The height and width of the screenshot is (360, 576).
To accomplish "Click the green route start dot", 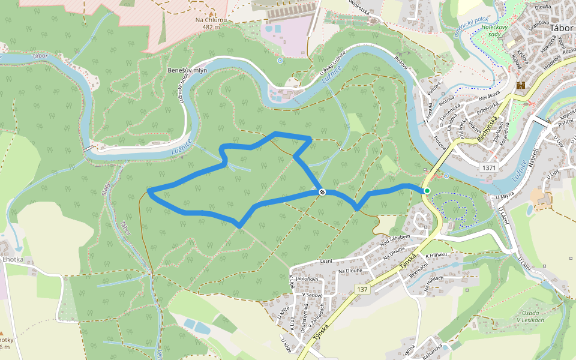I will [x=427, y=191].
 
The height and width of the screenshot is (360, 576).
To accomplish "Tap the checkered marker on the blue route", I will [x=322, y=192].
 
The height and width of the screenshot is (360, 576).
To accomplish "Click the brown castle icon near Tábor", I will [x=520, y=85].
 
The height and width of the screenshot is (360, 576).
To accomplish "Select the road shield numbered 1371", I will [x=489, y=168].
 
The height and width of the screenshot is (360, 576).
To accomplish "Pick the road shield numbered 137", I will [x=362, y=289].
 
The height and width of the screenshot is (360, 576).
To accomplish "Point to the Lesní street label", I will [x=326, y=261].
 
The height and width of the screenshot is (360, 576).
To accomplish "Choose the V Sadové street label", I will [x=313, y=295].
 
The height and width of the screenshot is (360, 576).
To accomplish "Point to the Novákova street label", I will [x=489, y=96].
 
